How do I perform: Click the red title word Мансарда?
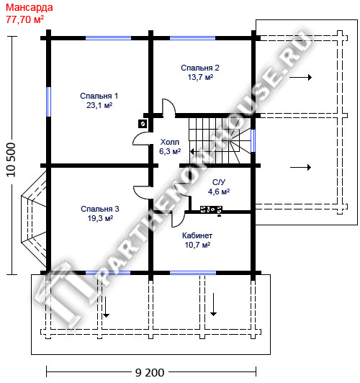(29, 8)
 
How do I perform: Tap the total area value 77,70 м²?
(25, 19)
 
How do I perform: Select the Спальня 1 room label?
(99, 96)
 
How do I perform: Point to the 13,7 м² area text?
(200, 77)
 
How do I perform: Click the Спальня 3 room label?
(100, 209)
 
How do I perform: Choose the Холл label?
(169, 142)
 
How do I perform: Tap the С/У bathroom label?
(219, 182)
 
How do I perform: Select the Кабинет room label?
(197, 235)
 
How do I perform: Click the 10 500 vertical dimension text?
(11, 160)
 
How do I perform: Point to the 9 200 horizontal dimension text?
(150, 372)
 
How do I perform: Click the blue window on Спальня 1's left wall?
(49, 102)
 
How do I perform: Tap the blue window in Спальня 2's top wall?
(192, 38)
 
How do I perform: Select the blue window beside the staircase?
(253, 140)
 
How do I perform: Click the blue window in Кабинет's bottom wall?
(193, 273)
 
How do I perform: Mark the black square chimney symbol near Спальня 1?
(143, 124)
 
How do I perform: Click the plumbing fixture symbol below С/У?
(211, 209)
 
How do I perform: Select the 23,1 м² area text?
(99, 105)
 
